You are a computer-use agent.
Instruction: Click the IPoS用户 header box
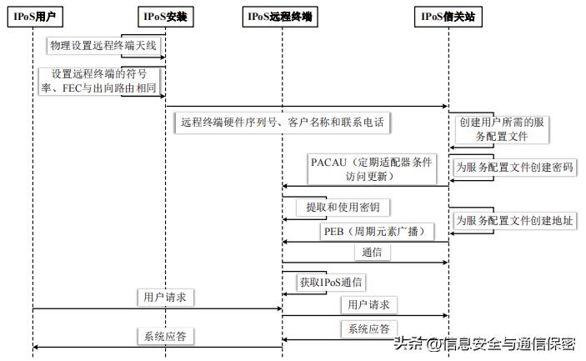pyautogui.click(x=33, y=17)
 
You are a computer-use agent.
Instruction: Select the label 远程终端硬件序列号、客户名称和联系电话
pyautogui.click(x=283, y=123)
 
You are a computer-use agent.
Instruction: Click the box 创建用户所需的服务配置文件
pyautogui.click(x=502, y=128)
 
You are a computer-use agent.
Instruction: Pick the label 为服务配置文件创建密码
pyautogui.click(x=513, y=168)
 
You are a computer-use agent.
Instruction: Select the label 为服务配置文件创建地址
pyautogui.click(x=513, y=221)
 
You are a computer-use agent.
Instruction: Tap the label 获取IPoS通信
pyautogui.click(x=333, y=283)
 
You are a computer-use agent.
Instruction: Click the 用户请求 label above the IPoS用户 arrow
pyautogui.click(x=163, y=297)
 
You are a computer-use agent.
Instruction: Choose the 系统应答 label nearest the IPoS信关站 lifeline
pyautogui.click(x=368, y=329)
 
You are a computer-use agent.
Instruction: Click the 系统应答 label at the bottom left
pyautogui.click(x=164, y=337)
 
